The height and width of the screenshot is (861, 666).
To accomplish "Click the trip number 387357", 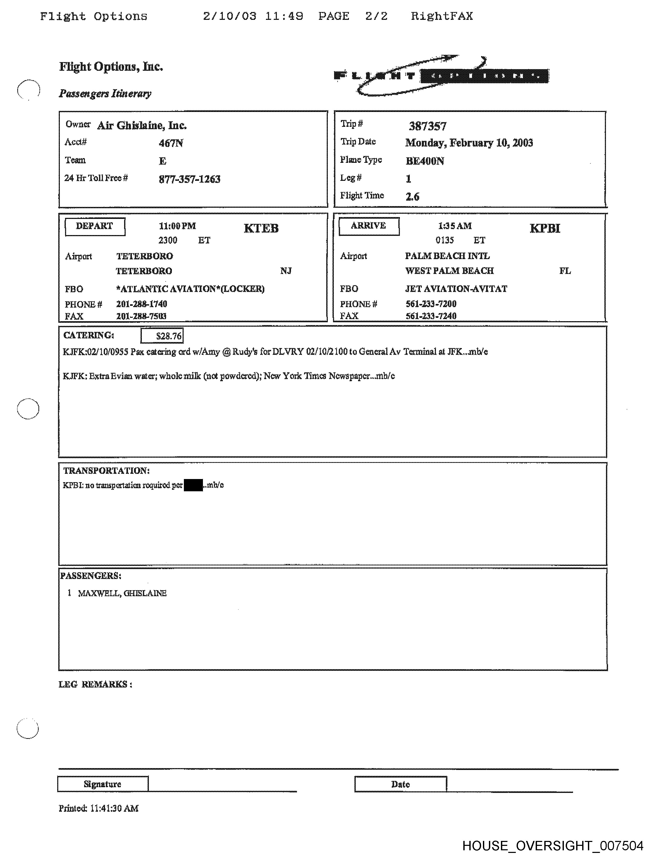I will coord(427,126).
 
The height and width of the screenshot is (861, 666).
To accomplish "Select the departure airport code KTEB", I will coord(261,228).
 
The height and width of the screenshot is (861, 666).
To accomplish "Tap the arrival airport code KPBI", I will coord(545,228).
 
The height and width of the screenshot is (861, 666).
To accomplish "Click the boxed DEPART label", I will coord(95,226).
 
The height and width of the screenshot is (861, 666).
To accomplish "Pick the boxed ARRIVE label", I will coord(369,226).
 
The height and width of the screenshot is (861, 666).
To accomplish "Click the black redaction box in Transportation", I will coord(193,485).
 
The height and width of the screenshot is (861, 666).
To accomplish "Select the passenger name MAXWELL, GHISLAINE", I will coord(122,593).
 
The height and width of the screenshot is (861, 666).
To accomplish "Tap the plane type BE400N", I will coord(424,161).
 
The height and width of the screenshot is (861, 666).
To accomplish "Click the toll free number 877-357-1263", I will coord(189,180).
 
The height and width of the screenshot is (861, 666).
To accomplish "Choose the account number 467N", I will coord(171,143).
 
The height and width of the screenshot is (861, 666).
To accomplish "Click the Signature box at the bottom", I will coord(103,784).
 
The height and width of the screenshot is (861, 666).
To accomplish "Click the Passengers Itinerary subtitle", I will coord(105,93).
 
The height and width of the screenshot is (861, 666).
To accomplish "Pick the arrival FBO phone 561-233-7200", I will coord(431,303).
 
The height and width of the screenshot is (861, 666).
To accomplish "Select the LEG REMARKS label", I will coord(95,684).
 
